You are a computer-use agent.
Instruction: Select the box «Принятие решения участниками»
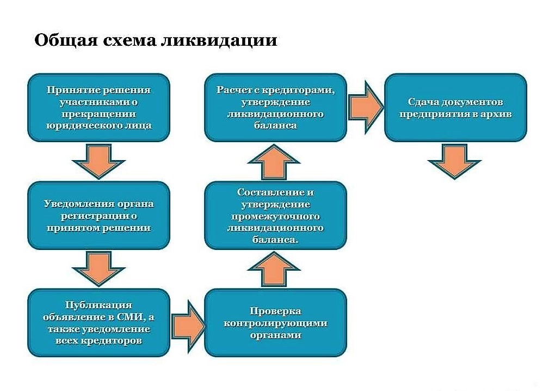(98, 108)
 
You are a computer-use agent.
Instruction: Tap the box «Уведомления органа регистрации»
(98, 216)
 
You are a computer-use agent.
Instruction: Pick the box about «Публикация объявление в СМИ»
(98, 323)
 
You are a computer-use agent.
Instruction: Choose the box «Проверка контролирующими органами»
(275, 323)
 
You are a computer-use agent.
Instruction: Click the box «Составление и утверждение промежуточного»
(275, 216)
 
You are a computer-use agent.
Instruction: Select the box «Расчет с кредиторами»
(275, 108)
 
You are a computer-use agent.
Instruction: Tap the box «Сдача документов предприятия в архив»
(455, 108)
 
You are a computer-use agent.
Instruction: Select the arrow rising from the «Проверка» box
(275, 269)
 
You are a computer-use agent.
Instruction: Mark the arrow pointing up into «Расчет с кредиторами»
(275, 162)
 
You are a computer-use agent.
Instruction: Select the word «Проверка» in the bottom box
(275, 311)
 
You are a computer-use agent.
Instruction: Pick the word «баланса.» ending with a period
(275, 239)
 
